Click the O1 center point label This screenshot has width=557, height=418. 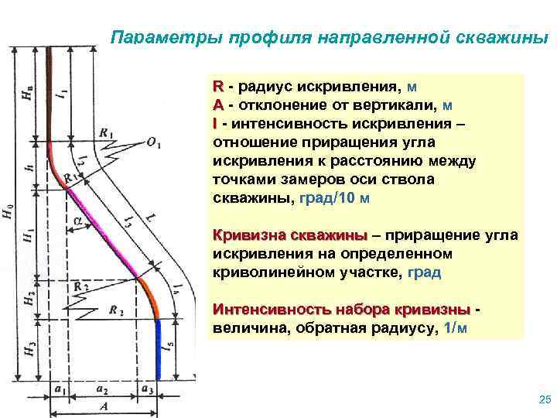pos(152,145)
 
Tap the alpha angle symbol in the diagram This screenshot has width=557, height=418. pos(78,221)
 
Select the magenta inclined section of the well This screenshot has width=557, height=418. pos(101,232)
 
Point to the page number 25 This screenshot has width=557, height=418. pos(542,399)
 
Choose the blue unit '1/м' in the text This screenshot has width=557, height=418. pos(451,328)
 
